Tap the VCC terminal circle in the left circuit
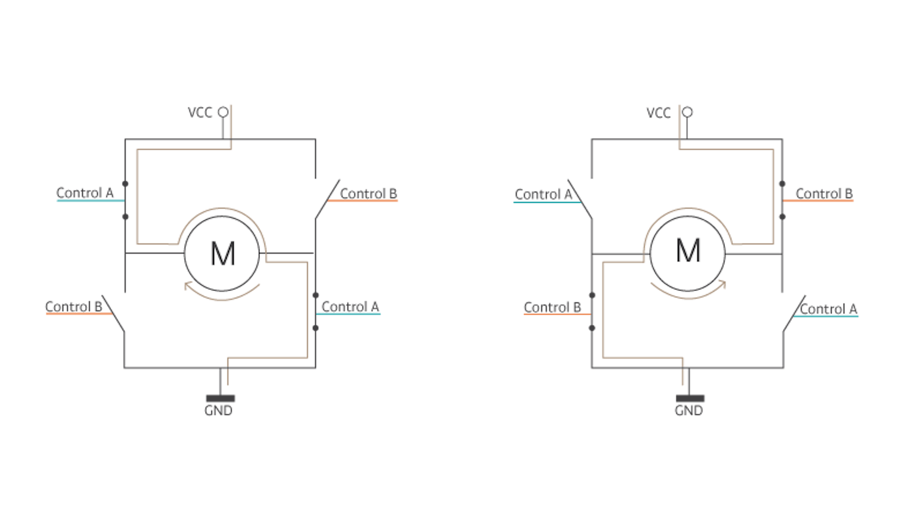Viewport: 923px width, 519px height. click(223, 112)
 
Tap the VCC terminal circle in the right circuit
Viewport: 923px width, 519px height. click(687, 112)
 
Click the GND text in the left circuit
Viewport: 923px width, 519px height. click(218, 410)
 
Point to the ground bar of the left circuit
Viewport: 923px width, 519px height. click(220, 398)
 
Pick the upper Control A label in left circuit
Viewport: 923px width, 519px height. click(85, 193)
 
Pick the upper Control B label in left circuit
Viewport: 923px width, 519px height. click(368, 194)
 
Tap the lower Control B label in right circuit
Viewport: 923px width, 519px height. click(552, 307)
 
